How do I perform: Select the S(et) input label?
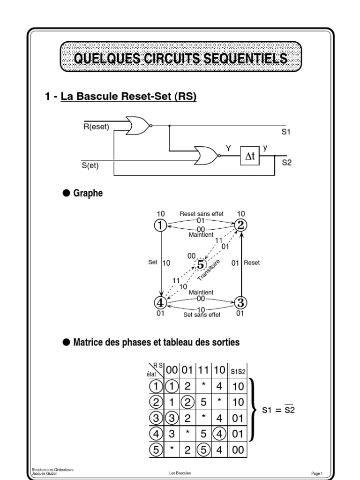(90, 165)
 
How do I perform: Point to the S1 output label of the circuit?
(286, 132)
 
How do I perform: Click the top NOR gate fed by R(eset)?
(138, 126)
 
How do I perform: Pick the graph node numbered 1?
(160, 225)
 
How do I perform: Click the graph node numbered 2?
(240, 225)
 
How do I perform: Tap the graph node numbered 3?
(240, 301)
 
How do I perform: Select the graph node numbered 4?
(160, 301)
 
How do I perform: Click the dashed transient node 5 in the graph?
(201, 264)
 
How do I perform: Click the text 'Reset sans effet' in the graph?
(202, 214)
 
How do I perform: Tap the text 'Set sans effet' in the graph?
(202, 315)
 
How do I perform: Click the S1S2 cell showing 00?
(238, 450)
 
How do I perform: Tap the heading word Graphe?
(88, 193)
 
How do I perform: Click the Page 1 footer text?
(317, 473)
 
